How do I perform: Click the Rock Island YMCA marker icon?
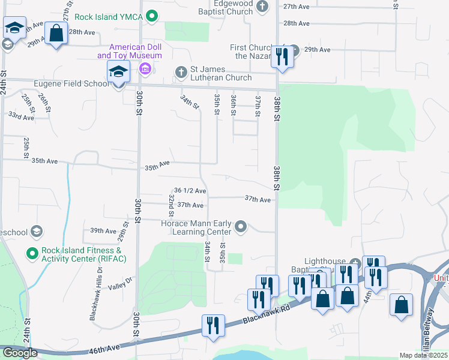point(152,16)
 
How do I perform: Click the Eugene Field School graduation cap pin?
point(118,73)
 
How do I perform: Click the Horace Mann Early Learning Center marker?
point(241,226)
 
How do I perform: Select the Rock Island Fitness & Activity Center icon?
point(32,254)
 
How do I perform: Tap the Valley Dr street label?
point(120,287)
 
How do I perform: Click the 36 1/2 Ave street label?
point(190,191)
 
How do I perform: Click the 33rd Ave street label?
point(20,116)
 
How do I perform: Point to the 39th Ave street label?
point(103,230)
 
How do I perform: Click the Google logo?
point(20,353)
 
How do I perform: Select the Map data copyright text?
point(423,355)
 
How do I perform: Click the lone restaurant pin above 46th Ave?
point(213,327)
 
